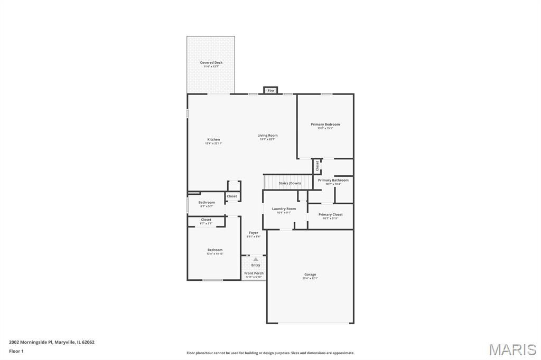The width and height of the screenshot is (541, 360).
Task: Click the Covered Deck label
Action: pyautogui.click(x=211, y=63)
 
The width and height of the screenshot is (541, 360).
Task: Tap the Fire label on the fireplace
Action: pyautogui.click(x=270, y=91)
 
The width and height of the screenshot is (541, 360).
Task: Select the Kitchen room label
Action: pyautogui.click(x=213, y=139)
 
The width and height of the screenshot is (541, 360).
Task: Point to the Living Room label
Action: pyautogui.click(x=267, y=135)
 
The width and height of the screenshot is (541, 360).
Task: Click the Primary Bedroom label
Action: pyautogui.click(x=325, y=124)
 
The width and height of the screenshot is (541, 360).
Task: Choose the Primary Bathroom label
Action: pyautogui.click(x=333, y=180)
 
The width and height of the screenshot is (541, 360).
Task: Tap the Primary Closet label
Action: pyautogui.click(x=330, y=214)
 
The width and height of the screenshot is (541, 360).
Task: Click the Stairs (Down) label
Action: pyautogui.click(x=290, y=183)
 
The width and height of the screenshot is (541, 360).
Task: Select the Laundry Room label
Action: pyautogui.click(x=284, y=209)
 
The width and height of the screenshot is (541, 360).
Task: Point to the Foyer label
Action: pyautogui.click(x=254, y=233)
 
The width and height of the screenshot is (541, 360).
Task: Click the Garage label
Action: pyautogui.click(x=310, y=274)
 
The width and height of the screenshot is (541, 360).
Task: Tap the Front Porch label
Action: pyautogui.click(x=254, y=273)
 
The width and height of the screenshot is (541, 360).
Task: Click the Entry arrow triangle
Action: pyautogui.click(x=256, y=259)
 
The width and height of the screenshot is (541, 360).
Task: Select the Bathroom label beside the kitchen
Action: pyautogui.click(x=207, y=202)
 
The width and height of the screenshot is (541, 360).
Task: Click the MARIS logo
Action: pyautogui.click(x=512, y=349)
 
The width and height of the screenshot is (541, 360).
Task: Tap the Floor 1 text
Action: pyautogui.click(x=16, y=351)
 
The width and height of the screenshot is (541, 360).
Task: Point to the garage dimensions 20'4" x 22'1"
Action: pyautogui.click(x=310, y=278)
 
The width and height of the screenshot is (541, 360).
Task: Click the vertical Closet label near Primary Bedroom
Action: pyautogui.click(x=317, y=166)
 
